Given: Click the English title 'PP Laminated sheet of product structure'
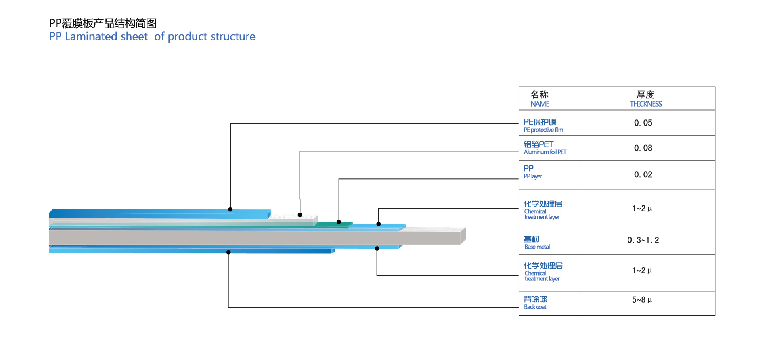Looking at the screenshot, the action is [x=152, y=36].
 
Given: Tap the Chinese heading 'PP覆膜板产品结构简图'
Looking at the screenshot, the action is [x=103, y=23].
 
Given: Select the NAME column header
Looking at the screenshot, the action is [x=540, y=99].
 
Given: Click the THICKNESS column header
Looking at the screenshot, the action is [x=646, y=99].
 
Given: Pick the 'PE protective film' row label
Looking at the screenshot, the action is [x=543, y=125].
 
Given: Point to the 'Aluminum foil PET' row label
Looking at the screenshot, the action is [x=545, y=148].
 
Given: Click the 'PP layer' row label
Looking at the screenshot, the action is [x=533, y=172].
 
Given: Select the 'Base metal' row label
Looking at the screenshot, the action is [x=537, y=243].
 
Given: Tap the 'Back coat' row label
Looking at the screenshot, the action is [x=536, y=303].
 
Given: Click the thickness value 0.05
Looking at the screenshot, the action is [x=643, y=123].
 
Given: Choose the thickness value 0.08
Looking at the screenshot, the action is [x=643, y=148].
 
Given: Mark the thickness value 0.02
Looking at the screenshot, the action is [x=643, y=174].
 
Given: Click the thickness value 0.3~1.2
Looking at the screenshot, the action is [x=643, y=240].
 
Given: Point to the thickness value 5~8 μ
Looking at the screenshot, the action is [x=642, y=299].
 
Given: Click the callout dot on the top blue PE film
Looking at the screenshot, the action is [x=230, y=209].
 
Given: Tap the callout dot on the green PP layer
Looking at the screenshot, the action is [x=339, y=222].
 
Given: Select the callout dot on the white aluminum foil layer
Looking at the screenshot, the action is [x=300, y=215].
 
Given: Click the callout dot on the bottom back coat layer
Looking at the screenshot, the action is [x=228, y=252].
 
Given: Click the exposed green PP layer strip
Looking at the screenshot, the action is [x=333, y=225].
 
